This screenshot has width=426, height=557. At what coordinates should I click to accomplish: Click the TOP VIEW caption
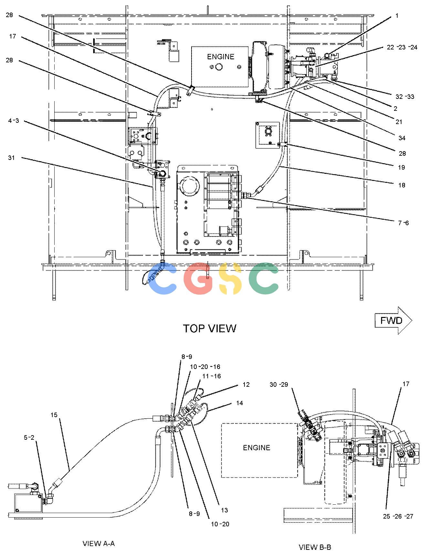coord(210,328)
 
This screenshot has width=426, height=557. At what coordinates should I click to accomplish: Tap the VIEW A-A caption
coord(99,543)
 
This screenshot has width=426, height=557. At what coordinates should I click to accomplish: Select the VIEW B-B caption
coord(315,547)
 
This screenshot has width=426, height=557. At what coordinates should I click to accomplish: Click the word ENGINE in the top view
coord(221,57)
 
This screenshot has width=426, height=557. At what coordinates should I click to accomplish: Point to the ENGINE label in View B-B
coord(256,447)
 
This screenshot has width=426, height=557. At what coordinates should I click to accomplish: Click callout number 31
coord(12,158)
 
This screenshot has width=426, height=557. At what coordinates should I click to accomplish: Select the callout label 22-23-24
coord(402,47)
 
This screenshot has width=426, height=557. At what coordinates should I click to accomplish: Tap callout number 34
coord(402,138)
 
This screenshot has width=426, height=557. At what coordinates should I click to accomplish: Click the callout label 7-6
coord(403,223)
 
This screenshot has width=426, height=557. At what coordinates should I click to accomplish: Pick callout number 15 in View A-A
coord(54,415)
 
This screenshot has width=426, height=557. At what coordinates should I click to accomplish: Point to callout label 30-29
coord(279,384)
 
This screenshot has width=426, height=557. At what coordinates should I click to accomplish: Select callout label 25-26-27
coord(398,516)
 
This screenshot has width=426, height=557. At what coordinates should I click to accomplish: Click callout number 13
coord(224,510)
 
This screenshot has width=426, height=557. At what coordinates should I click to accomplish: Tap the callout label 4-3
coord(14,121)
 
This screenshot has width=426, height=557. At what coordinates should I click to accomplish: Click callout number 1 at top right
coord(397,16)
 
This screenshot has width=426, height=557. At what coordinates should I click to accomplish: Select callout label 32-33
coord(405,97)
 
